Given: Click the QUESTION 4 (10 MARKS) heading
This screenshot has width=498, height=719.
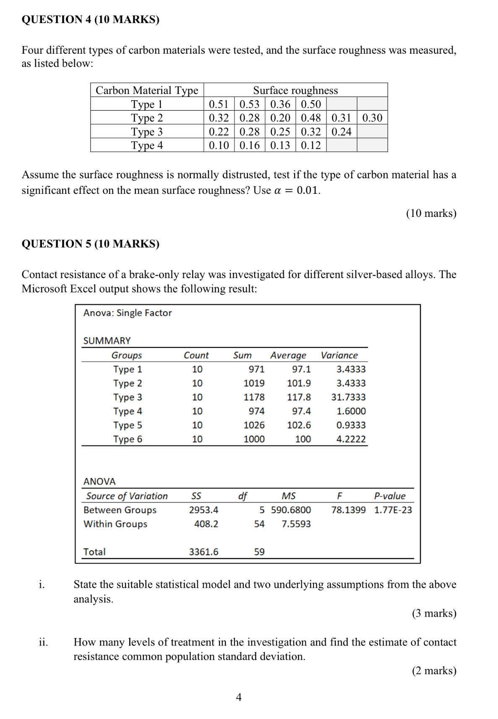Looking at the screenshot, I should [x=90, y=20].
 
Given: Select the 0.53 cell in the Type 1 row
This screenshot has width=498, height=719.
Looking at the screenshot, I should [x=249, y=104].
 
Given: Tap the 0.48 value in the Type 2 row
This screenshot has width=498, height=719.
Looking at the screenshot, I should [x=310, y=118].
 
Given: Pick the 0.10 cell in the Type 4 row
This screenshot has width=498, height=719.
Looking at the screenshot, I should [x=219, y=146].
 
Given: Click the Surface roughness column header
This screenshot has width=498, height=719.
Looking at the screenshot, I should [x=295, y=90].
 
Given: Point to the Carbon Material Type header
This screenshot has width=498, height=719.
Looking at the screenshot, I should [x=147, y=90].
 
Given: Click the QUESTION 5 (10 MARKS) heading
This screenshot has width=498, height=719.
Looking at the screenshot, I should [x=90, y=244].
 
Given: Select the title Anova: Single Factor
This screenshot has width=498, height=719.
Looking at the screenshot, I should [x=128, y=313].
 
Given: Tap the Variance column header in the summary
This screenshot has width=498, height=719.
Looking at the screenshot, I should [x=339, y=355].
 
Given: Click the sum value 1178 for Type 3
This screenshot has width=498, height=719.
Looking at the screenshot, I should [x=254, y=397].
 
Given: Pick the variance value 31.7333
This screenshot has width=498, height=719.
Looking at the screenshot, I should [x=348, y=397].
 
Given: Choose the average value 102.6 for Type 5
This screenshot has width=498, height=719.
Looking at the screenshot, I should [x=299, y=425].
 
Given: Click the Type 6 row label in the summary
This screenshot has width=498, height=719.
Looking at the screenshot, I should [x=128, y=439].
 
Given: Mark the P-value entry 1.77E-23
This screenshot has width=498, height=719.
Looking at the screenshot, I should [x=393, y=510].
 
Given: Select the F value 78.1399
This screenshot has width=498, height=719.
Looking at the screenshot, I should [x=348, y=510].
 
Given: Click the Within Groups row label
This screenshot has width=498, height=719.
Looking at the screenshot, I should [x=115, y=524].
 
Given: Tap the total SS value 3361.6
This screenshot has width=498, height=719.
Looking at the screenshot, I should [x=203, y=552].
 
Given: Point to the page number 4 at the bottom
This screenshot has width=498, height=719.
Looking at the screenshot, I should [x=239, y=697].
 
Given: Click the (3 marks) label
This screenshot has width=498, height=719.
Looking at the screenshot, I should [x=434, y=613].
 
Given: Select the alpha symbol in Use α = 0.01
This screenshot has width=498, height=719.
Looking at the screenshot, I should [x=277, y=191].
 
